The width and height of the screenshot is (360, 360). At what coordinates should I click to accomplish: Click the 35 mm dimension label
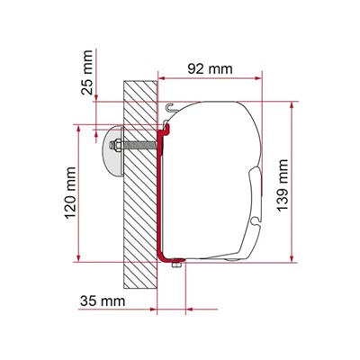tap(96, 296)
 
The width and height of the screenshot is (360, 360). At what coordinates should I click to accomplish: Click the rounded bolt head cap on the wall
tap(114, 148)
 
